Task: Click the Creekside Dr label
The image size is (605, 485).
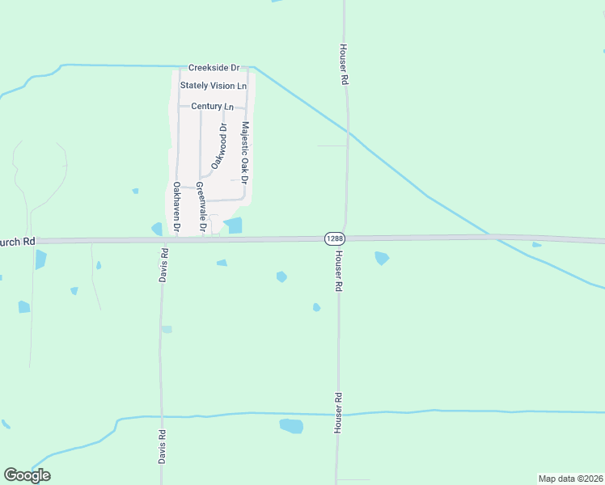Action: tap(214, 68)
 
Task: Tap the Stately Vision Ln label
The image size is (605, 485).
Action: tap(214, 86)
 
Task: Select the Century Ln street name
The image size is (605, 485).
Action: tap(212, 106)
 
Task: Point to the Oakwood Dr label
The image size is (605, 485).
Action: tap(218, 146)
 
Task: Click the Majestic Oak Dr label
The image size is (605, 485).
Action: tap(245, 151)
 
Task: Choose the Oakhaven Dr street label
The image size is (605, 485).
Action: tap(176, 206)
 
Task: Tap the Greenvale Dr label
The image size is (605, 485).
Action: tap(201, 208)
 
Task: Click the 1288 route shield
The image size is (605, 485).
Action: tap(335, 238)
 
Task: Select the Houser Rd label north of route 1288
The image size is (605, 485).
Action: tap(344, 65)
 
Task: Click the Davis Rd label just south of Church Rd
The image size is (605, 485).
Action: tap(164, 264)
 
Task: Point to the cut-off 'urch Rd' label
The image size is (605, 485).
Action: tap(18, 241)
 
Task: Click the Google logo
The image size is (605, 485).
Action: tap(27, 475)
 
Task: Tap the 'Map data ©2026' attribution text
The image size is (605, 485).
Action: tap(570, 479)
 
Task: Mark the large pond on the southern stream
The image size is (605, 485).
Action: tap(291, 426)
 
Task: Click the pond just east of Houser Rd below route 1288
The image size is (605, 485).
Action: tap(382, 258)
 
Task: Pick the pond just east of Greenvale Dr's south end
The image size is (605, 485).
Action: tap(233, 226)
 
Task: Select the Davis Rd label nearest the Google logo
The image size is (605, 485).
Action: tap(162, 446)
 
